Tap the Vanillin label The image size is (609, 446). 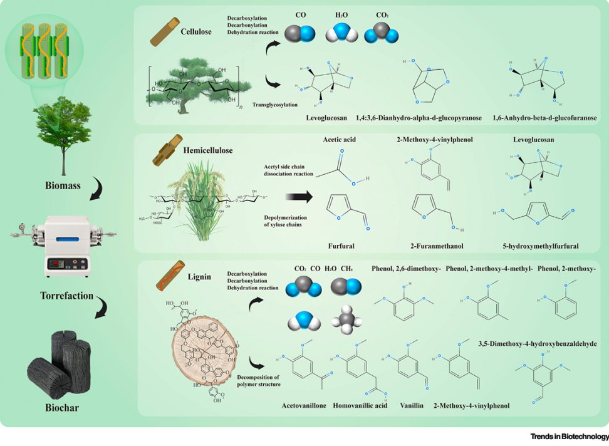click(412, 405)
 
